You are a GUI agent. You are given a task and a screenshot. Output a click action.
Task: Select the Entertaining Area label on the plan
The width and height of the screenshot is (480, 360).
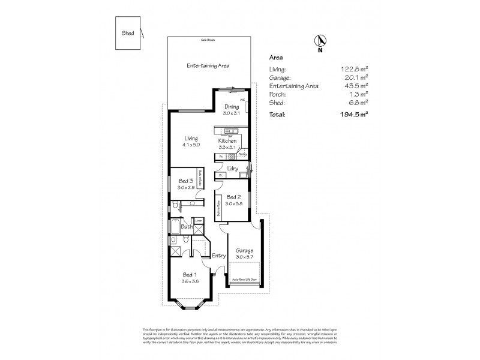pos(208,65)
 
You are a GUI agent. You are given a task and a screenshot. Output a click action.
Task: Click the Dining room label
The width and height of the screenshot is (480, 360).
pos(231,107)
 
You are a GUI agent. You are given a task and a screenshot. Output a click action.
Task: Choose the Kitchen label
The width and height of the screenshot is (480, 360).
pos(227,140)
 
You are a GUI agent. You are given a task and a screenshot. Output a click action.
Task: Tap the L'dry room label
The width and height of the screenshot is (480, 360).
pos(233,169)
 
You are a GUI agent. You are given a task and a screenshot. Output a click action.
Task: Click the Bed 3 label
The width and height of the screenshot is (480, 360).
pos(185,181)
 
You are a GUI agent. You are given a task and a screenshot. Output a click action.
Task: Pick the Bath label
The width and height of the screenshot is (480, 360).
pos(187,227)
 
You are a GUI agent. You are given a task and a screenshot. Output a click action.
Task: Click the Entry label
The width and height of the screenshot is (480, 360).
pos(218,256)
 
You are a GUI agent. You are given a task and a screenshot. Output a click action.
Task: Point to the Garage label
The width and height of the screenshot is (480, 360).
pos(244,250)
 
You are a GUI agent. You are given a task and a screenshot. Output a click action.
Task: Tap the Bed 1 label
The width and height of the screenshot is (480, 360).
pos(190,275)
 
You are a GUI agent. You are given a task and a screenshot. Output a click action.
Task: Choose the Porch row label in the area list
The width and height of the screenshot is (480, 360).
pos(277,94)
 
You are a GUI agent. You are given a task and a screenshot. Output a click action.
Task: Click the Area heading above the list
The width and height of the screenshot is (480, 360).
pos(276,58)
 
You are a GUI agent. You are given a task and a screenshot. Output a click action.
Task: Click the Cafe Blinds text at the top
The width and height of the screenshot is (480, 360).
pos(208,40)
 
